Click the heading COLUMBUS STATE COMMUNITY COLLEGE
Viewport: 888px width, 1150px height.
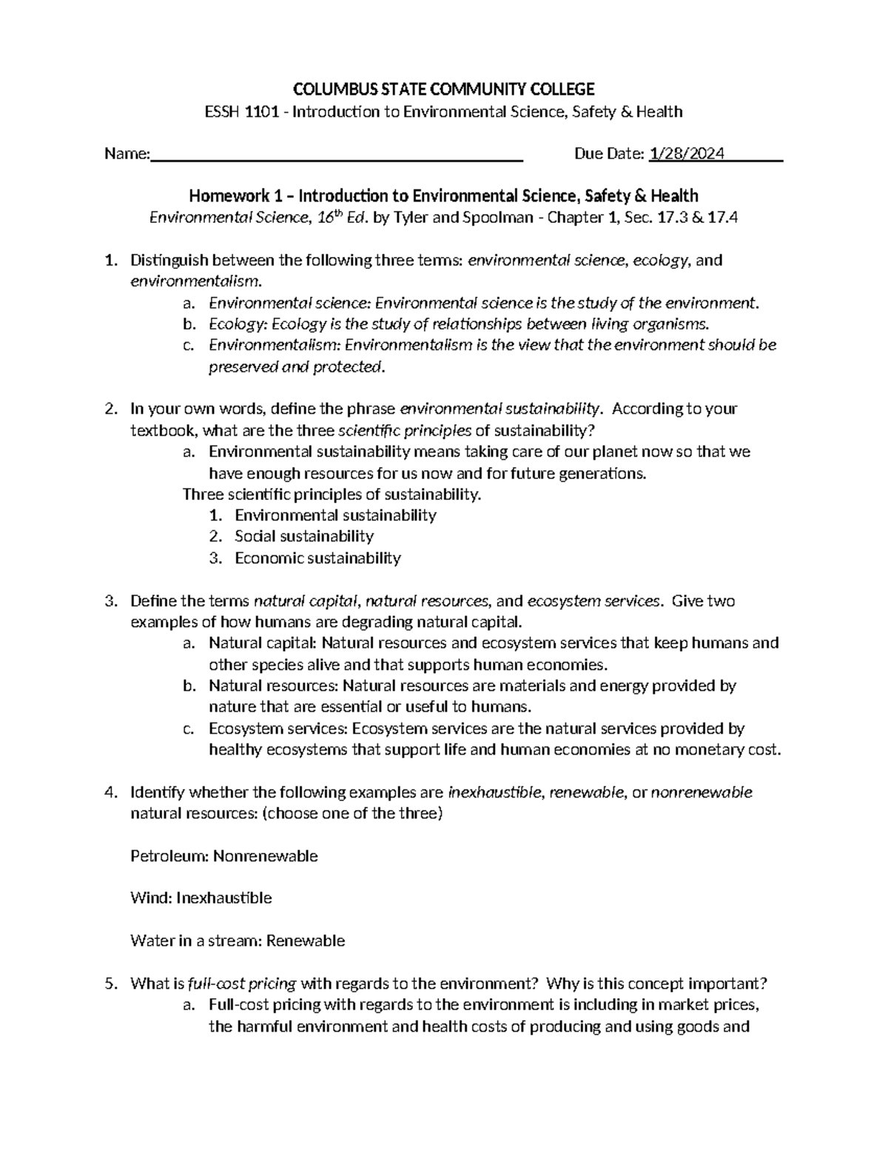pos(443,90)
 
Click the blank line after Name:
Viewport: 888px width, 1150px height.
pos(337,154)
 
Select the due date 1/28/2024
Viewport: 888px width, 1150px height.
pos(687,154)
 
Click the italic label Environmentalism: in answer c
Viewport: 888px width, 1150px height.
pos(275,345)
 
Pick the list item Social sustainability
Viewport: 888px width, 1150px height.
pos(303,536)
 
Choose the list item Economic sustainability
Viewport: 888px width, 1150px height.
pos(317,558)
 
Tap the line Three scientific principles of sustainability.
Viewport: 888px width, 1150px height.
pos(332,494)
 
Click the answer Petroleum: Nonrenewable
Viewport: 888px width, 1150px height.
pos(223,856)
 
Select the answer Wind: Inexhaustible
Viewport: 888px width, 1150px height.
pos(201,898)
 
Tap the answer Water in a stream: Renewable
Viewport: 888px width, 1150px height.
pos(237,941)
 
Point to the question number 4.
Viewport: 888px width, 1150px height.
pos(110,793)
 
